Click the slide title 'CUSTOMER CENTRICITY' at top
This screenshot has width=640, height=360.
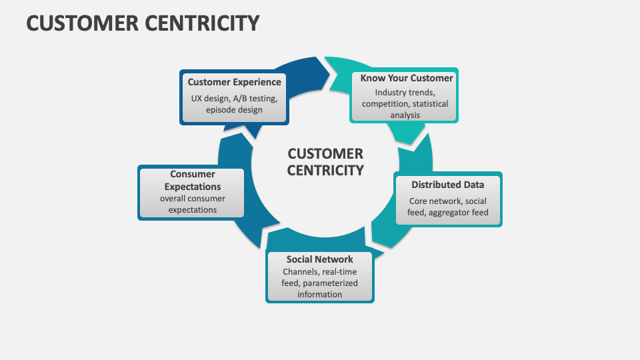tap(142, 23)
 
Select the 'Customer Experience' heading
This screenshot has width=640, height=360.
tap(234, 82)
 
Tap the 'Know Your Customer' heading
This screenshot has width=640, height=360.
tap(406, 78)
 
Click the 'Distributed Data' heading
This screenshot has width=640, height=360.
tap(447, 185)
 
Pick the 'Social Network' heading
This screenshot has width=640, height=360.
tap(319, 259)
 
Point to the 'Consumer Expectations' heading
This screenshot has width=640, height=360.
tap(192, 181)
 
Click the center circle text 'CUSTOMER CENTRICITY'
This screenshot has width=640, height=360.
tap(325, 162)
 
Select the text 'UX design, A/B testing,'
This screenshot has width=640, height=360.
tap(234, 98)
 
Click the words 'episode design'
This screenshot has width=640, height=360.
tap(234, 110)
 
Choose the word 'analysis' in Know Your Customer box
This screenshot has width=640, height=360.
tap(406, 115)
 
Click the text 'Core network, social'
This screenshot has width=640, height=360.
tap(447, 201)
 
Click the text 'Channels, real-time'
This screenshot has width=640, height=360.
tap(319, 272)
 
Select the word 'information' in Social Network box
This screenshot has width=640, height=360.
tap(319, 294)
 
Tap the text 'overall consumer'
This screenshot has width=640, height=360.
tap(192, 199)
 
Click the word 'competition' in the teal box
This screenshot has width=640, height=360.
tap(386, 104)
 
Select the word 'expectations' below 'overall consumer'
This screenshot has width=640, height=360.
tap(192, 210)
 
